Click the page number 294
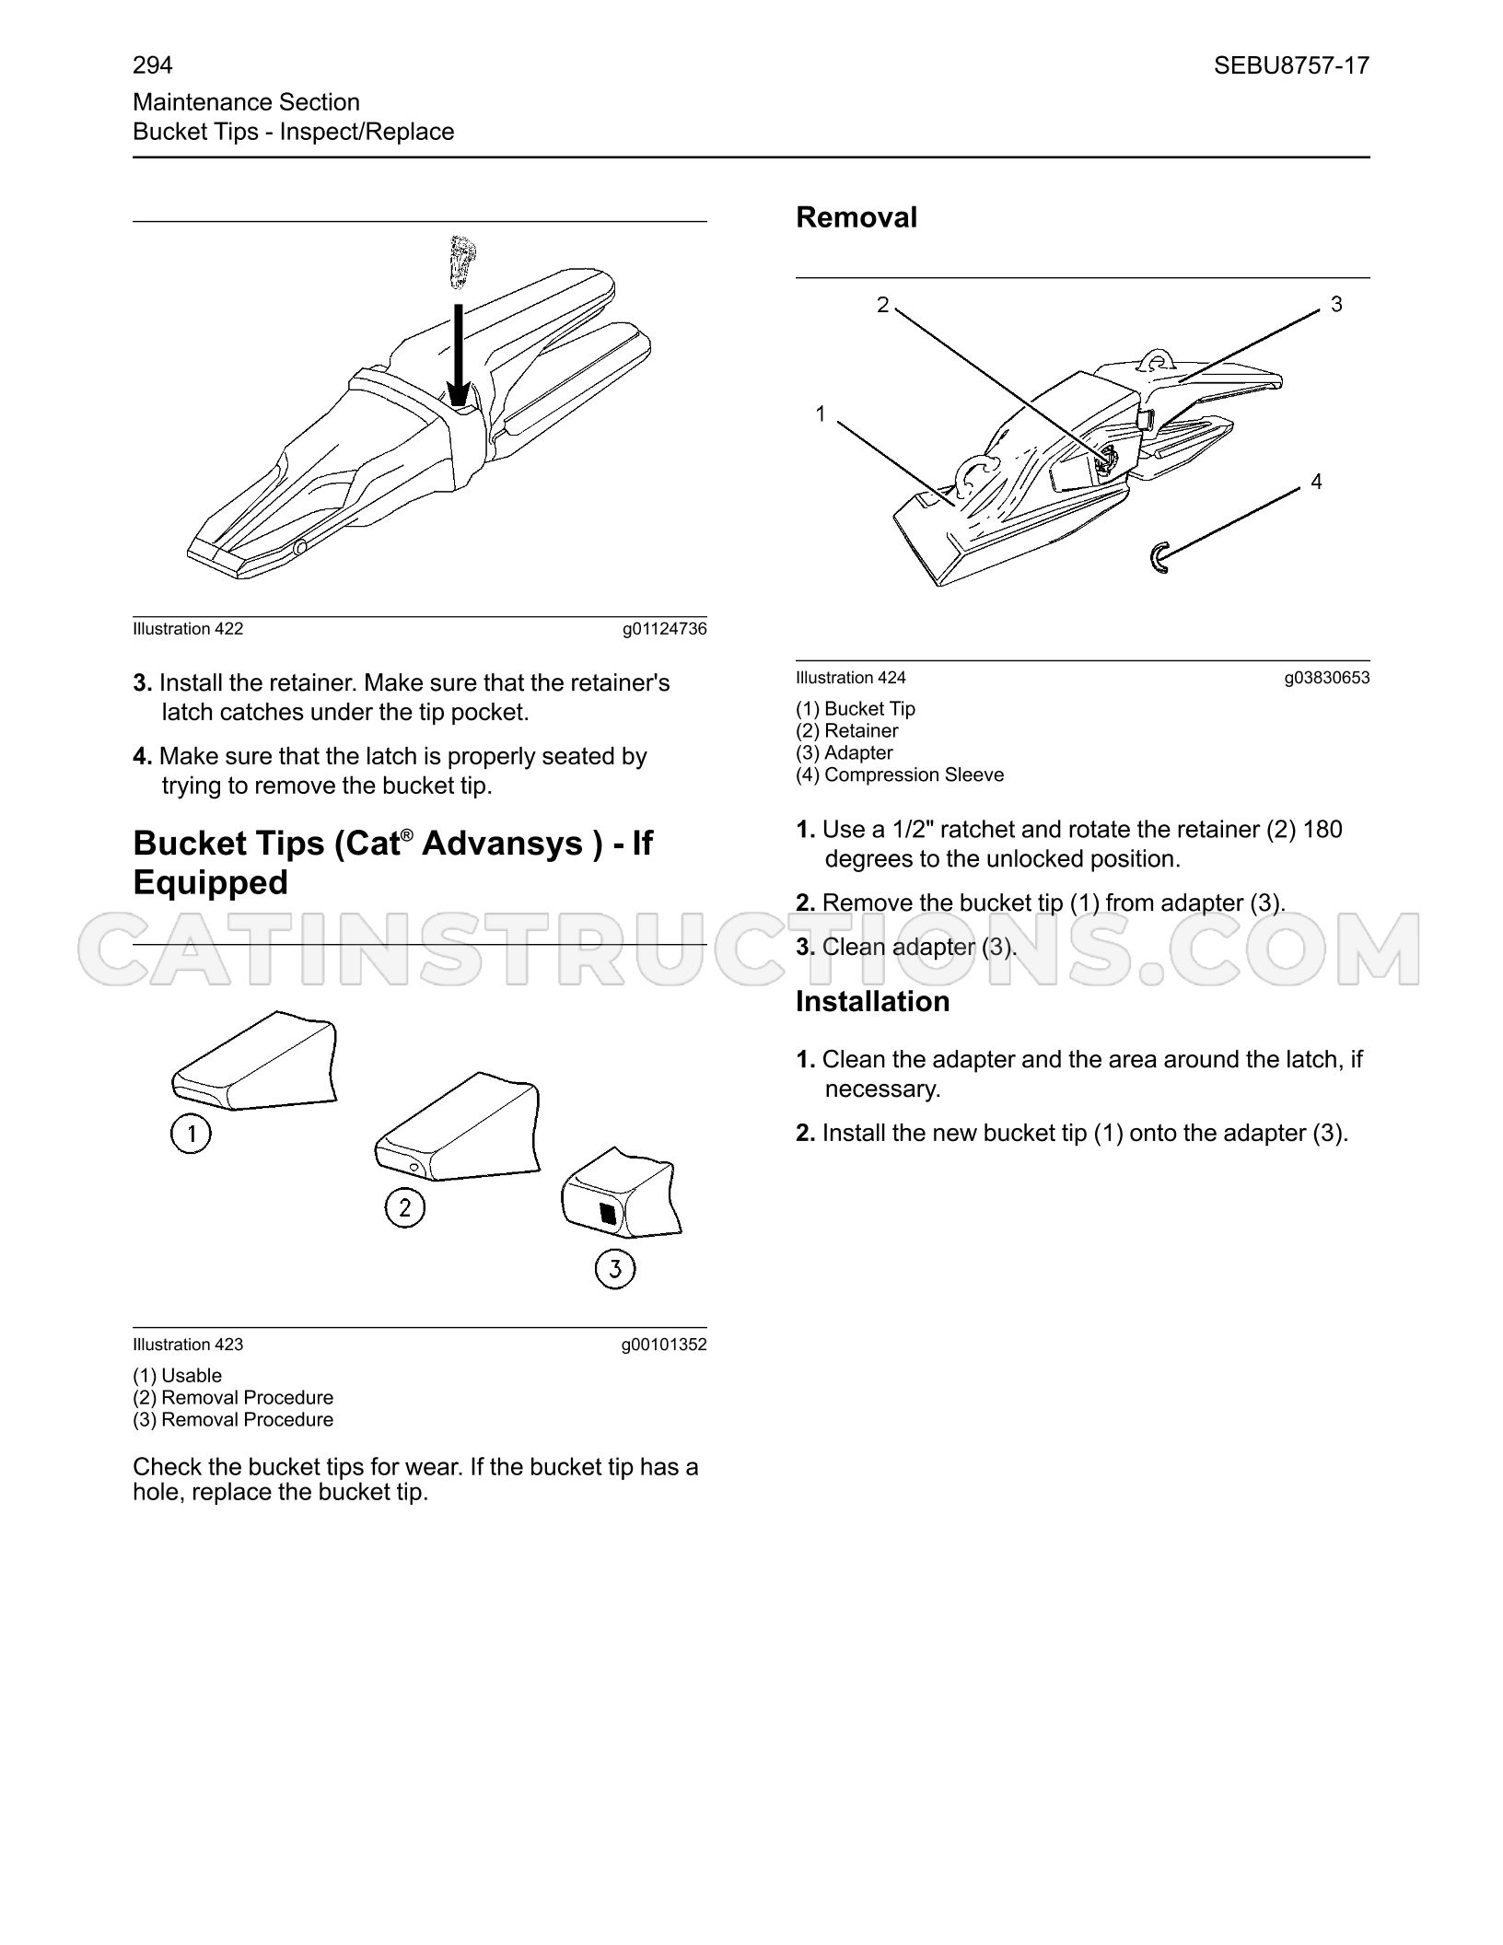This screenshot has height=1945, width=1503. pos(153,65)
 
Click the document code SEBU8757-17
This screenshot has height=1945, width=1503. pos(1291,65)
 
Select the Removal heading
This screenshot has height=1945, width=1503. pos(856,217)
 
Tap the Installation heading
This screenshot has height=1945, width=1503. pos(872,1001)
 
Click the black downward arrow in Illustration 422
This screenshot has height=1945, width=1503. pos(457,349)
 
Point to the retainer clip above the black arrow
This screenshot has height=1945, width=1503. pos(460,262)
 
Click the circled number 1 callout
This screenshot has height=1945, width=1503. pos(191,1134)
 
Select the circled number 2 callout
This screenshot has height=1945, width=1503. pos(404,1207)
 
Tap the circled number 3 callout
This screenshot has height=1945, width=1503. pos(615,1269)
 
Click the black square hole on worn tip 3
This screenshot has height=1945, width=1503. pos(608,1213)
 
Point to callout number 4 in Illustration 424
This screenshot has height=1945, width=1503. pos(1316,482)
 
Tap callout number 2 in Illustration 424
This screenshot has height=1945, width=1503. pos(883,305)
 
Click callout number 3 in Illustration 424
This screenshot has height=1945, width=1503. pos(1336,304)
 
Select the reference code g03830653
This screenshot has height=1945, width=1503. pos(1327,679)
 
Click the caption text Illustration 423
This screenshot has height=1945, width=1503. pos(188,1345)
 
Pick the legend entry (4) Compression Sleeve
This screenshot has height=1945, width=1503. pos(900,775)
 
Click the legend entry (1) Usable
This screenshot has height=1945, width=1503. pos(178,1376)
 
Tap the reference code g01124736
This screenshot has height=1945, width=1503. pos(664,630)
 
